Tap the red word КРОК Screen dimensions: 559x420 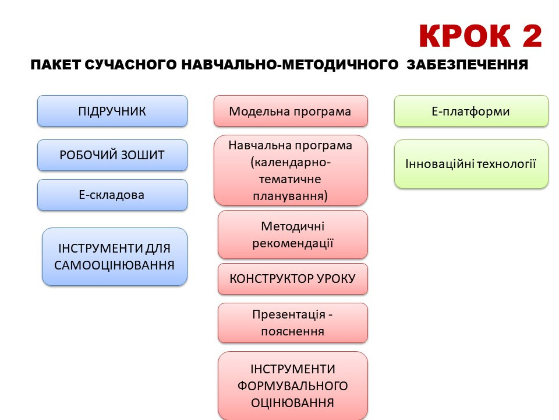click(466, 36)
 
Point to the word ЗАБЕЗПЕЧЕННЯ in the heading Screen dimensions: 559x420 click(467, 65)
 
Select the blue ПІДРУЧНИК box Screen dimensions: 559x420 click(112, 111)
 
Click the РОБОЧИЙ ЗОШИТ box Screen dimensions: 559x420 click(112, 155)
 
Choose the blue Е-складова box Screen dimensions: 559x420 click(112, 195)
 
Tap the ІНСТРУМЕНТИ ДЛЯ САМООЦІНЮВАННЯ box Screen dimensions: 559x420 click(115, 257)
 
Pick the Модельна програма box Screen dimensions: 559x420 click(291, 111)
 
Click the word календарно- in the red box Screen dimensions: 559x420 click(291, 162)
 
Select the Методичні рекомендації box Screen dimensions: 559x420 click(293, 235)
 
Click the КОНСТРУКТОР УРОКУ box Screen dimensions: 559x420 click(293, 279)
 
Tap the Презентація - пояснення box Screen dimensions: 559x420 click(293, 323)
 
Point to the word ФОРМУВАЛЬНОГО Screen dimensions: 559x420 click(293, 386)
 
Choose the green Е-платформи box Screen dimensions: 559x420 click(471, 111)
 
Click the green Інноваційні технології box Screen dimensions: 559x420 click(471, 164)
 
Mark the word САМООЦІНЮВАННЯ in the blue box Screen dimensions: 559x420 click(115, 265)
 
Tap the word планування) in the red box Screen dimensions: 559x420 click(291, 196)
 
